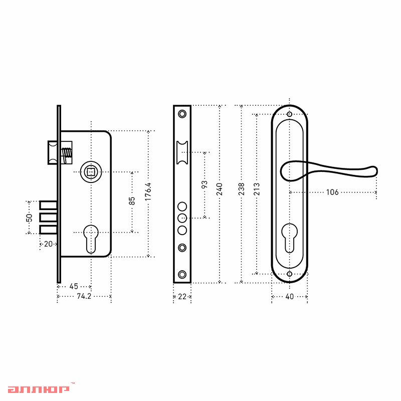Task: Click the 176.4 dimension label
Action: coord(148,191)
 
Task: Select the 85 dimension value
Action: coord(132,201)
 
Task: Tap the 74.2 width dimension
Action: coord(84,296)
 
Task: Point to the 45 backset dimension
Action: coord(74,286)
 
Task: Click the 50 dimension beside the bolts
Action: coord(30,218)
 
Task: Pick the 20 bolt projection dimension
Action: coord(48,244)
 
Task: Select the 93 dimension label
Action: coord(205,184)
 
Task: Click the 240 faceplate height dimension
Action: coord(220,189)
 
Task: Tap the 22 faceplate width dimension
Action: coord(182,297)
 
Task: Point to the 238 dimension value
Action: coord(242,189)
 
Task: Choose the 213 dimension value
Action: coord(257,189)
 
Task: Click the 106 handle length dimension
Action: coord(332,192)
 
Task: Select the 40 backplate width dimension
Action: coord(290,297)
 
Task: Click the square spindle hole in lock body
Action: coord(91,172)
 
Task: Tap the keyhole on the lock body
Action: coord(91,239)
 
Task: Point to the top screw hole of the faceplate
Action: coord(182,114)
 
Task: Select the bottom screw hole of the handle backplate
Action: coord(290,274)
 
